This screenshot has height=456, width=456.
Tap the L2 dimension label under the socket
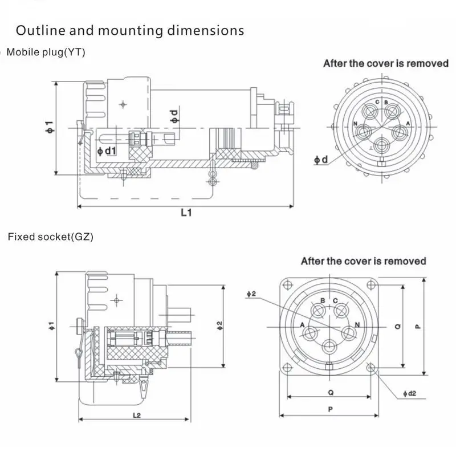click(x=136, y=415)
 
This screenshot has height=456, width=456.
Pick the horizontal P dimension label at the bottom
click(x=330, y=409)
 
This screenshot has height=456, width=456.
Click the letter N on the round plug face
click(x=356, y=124)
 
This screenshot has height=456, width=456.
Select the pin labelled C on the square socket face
click(x=341, y=311)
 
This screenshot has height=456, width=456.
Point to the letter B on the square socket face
click(x=323, y=300)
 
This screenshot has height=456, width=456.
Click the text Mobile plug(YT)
click(x=46, y=52)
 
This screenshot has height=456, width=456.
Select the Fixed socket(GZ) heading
click(x=50, y=235)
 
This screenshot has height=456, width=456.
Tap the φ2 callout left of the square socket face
click(x=252, y=294)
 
